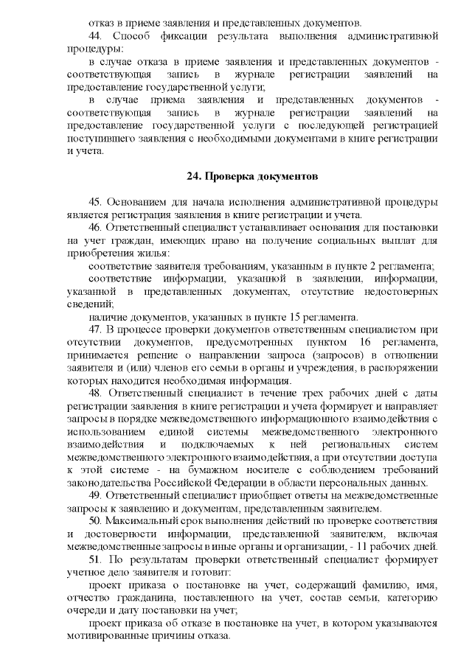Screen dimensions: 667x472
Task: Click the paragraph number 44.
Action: tap(94, 35)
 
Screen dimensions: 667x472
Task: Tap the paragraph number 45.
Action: tap(94, 203)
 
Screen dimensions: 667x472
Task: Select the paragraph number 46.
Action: tap(94, 228)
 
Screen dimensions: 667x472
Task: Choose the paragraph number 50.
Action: tap(94, 520)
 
